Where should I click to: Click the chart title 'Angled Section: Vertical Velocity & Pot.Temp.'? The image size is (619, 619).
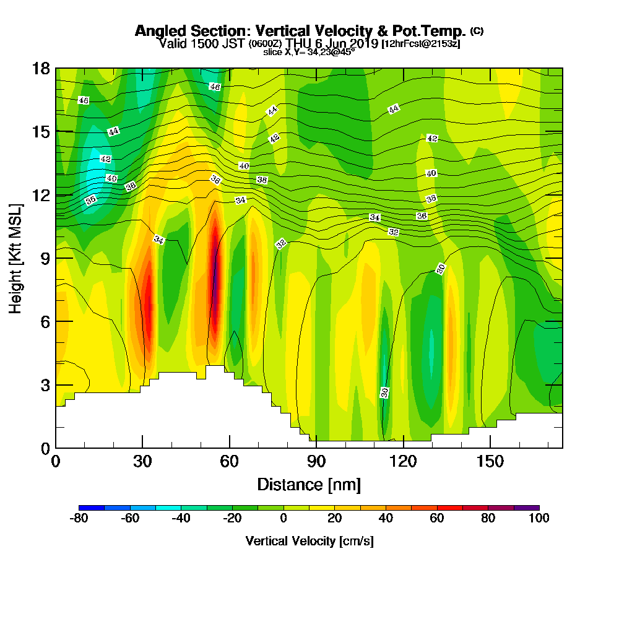300,31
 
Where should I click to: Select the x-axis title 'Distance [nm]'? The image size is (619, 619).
309,483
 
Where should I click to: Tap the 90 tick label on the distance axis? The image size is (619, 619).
316,461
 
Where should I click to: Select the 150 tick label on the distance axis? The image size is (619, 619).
490,461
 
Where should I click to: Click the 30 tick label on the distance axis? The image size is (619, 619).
142,461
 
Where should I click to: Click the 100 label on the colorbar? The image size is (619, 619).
539,518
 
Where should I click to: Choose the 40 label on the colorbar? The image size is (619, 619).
386,518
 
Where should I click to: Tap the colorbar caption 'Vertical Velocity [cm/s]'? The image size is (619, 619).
309,541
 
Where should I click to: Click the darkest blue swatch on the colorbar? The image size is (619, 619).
92,508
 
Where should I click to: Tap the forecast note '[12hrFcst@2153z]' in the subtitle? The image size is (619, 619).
421,43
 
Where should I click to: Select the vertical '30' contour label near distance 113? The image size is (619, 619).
384,392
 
